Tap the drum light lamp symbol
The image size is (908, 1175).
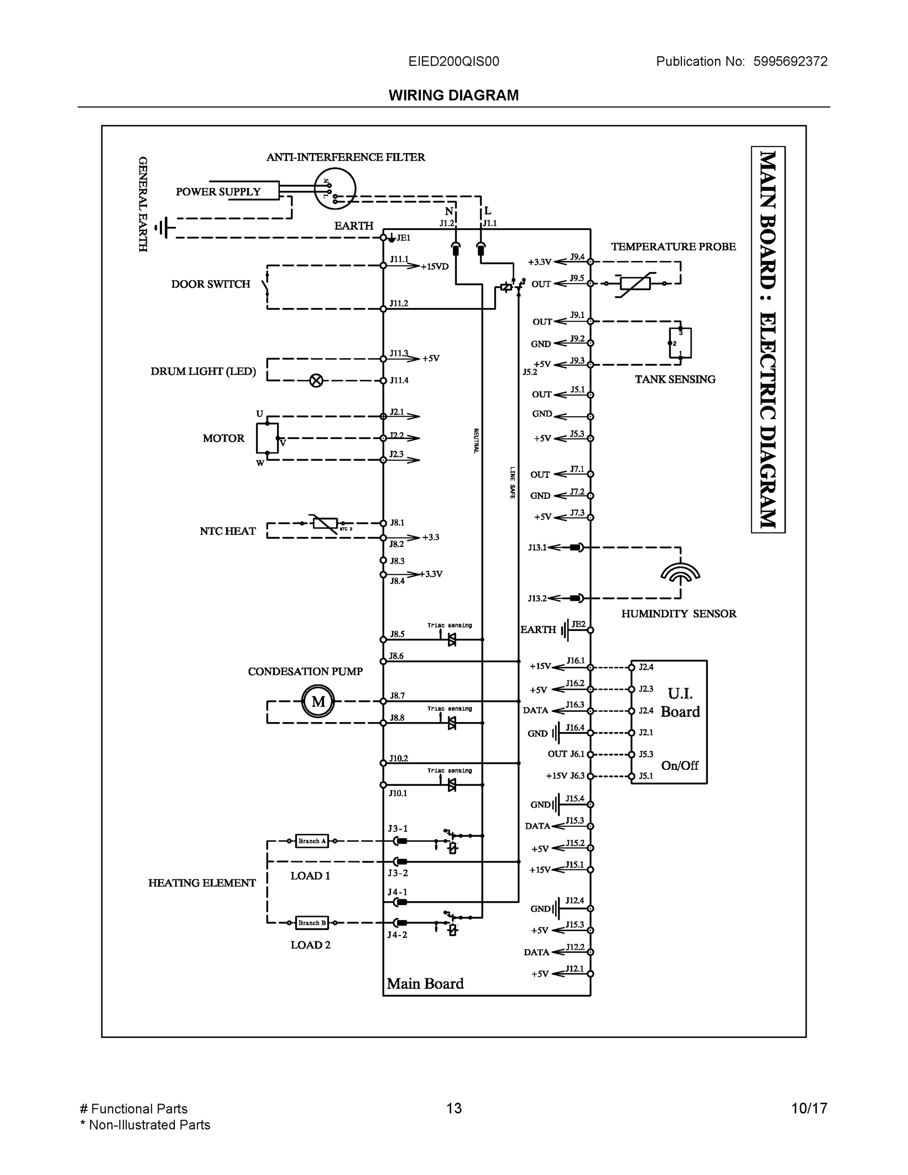tap(316, 381)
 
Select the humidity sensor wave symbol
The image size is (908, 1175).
tap(680, 573)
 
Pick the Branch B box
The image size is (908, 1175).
tap(311, 923)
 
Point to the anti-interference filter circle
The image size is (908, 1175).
tap(335, 188)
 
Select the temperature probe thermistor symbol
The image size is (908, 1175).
tap(635, 283)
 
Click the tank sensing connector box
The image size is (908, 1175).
tap(680, 343)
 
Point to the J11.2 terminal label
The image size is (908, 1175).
tap(398, 304)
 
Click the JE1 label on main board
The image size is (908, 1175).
tap(403, 238)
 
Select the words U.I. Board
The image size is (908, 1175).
tap(680, 703)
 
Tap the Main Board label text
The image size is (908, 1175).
tap(425, 984)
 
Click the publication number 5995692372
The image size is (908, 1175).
tap(790, 61)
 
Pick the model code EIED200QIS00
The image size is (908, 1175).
tap(453, 61)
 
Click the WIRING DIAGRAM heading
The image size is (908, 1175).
tap(453, 95)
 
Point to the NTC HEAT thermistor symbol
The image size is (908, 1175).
tap(325, 523)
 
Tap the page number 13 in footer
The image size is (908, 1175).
tap(453, 1108)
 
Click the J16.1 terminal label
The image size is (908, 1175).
tap(575, 660)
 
